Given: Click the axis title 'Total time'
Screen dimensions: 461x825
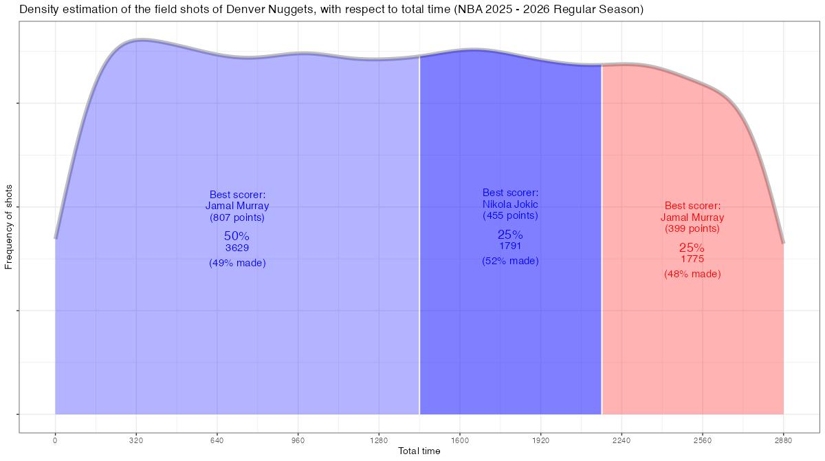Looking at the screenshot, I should tap(419, 451).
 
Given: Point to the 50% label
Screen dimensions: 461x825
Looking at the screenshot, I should tap(237, 236).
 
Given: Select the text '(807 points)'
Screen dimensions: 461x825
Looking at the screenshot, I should tap(237, 217).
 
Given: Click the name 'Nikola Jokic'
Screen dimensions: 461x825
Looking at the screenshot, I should tap(510, 204).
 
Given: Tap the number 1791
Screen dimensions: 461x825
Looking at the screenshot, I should tap(510, 246).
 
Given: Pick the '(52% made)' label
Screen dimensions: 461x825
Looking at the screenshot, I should tap(510, 261).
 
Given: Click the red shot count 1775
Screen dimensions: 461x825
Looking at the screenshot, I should tap(692, 259).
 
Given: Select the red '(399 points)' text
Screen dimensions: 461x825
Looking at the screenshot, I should tap(692, 228).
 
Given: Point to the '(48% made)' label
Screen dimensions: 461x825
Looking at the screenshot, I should tap(692, 274).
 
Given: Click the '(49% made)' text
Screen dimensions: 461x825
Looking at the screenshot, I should tap(237, 263).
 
